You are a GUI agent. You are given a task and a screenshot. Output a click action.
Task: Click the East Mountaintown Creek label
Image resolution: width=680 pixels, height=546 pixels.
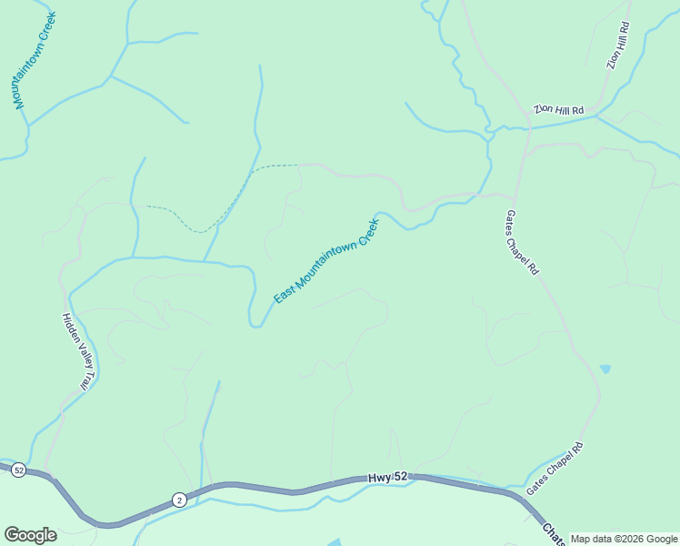(325, 260)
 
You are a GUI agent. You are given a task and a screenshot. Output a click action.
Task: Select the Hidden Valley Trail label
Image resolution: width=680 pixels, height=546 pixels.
(74, 351)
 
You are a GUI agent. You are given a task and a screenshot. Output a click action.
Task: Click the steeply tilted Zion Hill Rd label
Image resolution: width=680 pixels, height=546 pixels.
(617, 47)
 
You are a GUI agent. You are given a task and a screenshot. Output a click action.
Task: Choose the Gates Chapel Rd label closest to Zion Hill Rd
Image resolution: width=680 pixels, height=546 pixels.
(523, 243)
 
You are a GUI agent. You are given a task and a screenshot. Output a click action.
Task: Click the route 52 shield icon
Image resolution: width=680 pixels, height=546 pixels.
(19, 470)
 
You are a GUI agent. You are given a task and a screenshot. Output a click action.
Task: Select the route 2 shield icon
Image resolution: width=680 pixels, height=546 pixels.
(179, 499)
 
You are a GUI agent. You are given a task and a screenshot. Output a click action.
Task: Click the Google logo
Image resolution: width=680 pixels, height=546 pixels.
(30, 534)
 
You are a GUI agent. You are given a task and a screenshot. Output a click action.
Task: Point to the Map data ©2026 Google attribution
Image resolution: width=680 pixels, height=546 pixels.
(625, 539)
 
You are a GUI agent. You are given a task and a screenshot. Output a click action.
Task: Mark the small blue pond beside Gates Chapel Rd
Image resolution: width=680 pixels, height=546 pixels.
(605, 369)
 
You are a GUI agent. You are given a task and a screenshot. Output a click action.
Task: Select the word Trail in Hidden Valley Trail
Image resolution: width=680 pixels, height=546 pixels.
(83, 379)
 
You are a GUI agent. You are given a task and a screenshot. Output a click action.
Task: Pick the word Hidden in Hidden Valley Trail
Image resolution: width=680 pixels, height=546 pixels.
(67, 325)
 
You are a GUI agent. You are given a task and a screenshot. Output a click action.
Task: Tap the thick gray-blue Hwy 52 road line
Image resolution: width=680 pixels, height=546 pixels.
(273, 489)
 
